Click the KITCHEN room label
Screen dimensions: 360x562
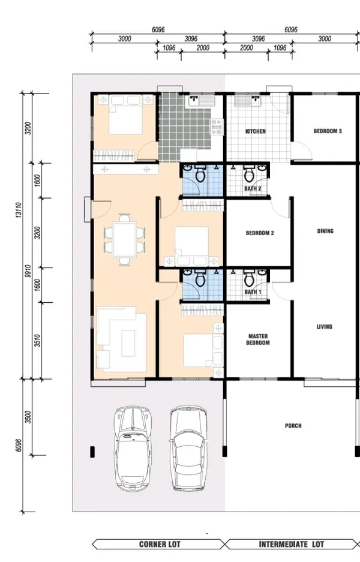[x=256, y=131]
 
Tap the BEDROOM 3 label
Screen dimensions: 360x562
[x=328, y=131]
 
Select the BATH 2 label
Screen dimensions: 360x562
[x=253, y=188]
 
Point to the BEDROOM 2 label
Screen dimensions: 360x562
[x=260, y=233]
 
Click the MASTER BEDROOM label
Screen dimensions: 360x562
[x=258, y=339]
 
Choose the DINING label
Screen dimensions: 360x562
[x=325, y=231]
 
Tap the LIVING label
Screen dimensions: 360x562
[x=325, y=326]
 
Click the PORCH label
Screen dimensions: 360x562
[x=293, y=426]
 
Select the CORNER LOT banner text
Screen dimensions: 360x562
[x=160, y=545]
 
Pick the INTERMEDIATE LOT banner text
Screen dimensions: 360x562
[x=292, y=545]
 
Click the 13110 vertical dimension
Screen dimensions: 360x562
[x=19, y=210]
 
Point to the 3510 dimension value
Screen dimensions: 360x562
[x=38, y=341]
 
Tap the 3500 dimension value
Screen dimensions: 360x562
[x=28, y=417]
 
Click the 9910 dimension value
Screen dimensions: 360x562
[x=28, y=271]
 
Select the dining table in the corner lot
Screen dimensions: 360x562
[x=124, y=239]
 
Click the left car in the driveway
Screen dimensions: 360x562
[x=133, y=449]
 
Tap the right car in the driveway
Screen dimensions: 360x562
[x=188, y=448]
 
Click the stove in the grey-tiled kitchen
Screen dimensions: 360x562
[x=217, y=127]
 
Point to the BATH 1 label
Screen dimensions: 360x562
[x=253, y=292]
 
